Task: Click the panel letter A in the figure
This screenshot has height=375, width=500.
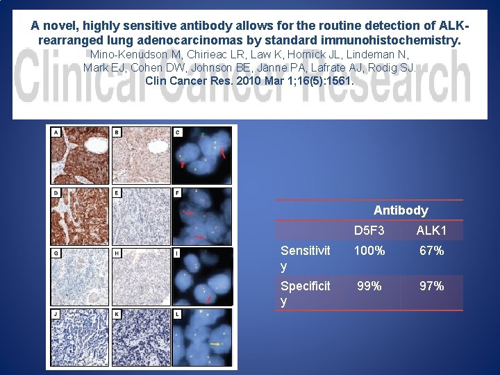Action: [x=56, y=132]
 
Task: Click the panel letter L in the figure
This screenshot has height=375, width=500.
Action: [x=178, y=315]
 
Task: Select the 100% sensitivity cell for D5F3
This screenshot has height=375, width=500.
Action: [x=369, y=251]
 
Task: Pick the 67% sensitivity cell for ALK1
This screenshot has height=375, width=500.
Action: [x=431, y=251]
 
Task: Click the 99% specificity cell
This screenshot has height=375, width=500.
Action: [x=369, y=285]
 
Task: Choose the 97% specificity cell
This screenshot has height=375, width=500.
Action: [x=431, y=285]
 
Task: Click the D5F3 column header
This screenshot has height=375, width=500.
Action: [x=369, y=230]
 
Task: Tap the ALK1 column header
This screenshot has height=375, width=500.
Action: [x=431, y=230]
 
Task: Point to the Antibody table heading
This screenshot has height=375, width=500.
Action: [x=401, y=210]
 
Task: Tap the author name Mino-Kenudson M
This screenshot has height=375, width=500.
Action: [x=133, y=54]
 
